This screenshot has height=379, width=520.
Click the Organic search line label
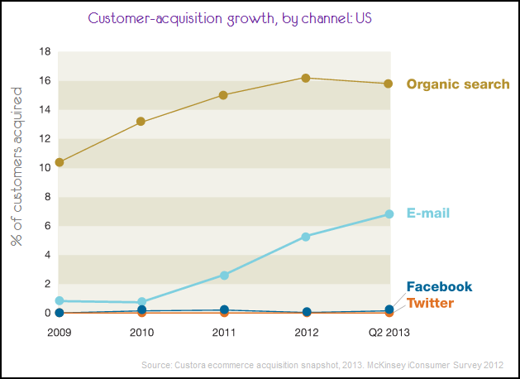point(457,84)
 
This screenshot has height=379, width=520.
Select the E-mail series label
point(428,213)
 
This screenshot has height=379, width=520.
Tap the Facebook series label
point(439,287)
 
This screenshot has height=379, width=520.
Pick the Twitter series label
point(430,303)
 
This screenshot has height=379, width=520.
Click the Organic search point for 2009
point(60,162)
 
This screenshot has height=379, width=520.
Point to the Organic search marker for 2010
point(141,122)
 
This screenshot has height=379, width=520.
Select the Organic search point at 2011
point(223,95)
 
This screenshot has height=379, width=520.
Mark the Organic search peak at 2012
point(306,78)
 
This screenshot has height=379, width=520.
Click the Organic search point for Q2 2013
point(388,84)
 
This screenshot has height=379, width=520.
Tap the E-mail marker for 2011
point(223,275)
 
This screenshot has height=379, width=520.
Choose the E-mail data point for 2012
point(306,237)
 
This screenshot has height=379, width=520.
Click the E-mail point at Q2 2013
point(388,214)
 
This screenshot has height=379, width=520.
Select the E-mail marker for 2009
point(60,300)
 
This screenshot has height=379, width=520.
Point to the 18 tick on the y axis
point(45,52)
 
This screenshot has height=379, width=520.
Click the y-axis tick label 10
point(45,168)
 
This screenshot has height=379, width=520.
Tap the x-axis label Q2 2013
point(388,333)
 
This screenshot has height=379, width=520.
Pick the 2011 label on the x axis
point(223,333)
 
